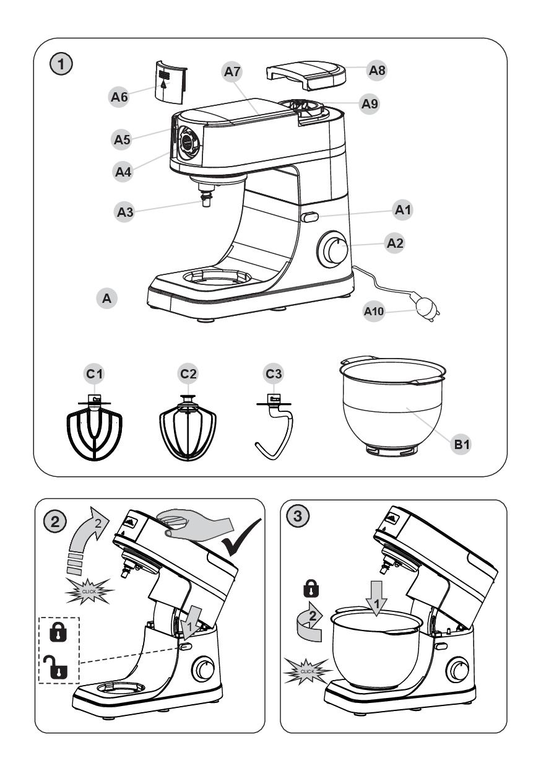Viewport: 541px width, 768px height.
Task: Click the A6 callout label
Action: coord(121,97)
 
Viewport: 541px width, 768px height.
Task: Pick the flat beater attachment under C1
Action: coord(94,431)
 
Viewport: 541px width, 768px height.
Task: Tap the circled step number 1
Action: coord(62,63)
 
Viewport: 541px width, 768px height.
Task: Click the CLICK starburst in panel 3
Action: coord(308,671)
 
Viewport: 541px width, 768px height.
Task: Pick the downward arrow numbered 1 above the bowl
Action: coord(376,597)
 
